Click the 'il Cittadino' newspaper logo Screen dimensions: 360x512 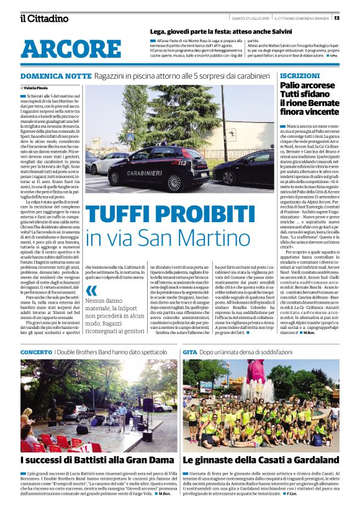43,18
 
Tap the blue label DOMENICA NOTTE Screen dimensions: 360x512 56,76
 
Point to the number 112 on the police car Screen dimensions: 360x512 182,163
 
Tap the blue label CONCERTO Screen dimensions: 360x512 36,352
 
